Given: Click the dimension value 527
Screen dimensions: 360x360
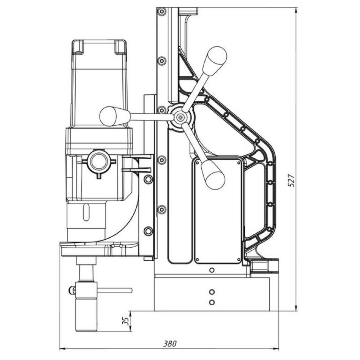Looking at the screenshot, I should tap(292, 181).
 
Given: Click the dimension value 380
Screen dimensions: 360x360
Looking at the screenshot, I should tap(170, 343).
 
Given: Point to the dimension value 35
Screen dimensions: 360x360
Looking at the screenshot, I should tap(125, 320).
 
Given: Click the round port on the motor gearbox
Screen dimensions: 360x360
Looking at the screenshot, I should tap(98, 161).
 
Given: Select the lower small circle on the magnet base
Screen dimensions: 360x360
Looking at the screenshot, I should tap(212, 302).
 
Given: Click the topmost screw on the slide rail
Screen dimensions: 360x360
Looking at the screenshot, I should tap(161, 12).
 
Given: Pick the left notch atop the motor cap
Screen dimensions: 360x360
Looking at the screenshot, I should tap(78, 47).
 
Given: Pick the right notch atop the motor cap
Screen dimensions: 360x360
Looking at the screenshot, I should tap(120, 47).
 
